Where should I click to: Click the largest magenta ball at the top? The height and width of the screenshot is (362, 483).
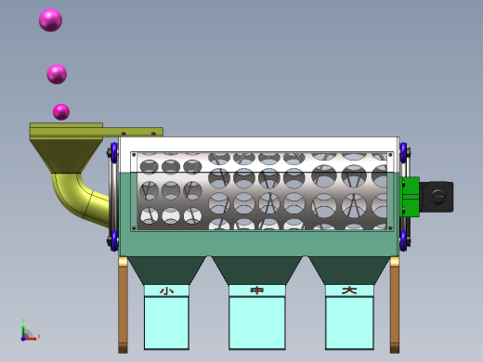[50, 20]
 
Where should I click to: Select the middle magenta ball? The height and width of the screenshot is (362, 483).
[57, 74]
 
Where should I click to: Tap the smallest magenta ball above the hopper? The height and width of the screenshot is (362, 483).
[61, 111]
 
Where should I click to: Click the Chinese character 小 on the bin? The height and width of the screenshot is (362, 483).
[166, 291]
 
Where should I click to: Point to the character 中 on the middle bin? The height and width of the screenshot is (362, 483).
[257, 291]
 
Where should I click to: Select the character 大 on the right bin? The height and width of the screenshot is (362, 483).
[349, 291]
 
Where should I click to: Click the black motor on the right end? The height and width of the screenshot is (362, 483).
[437, 197]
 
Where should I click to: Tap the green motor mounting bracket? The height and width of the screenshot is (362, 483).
[410, 197]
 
